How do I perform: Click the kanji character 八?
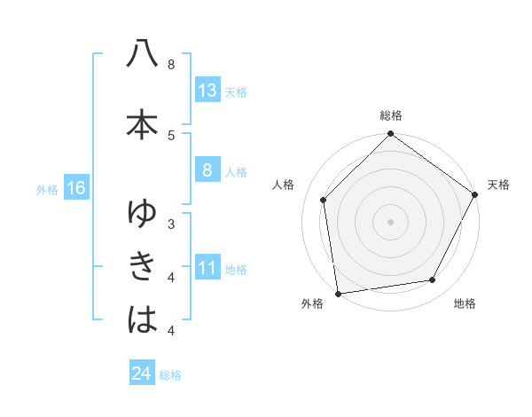(142, 54)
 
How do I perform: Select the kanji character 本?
(142, 124)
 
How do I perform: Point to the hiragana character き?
(142, 265)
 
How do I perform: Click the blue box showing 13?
(207, 90)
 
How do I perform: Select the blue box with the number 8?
(207, 170)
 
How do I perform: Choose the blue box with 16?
(75, 188)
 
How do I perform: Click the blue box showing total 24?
(142, 374)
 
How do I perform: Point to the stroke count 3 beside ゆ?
(170, 224)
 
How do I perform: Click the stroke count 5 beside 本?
(170, 135)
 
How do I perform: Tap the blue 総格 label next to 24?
(170, 375)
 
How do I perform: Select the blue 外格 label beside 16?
(47, 189)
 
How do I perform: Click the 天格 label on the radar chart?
(498, 185)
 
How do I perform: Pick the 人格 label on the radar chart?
(284, 185)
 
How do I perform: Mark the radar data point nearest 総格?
(390, 135)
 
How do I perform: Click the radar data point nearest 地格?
(433, 279)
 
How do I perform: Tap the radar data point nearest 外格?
(338, 293)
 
